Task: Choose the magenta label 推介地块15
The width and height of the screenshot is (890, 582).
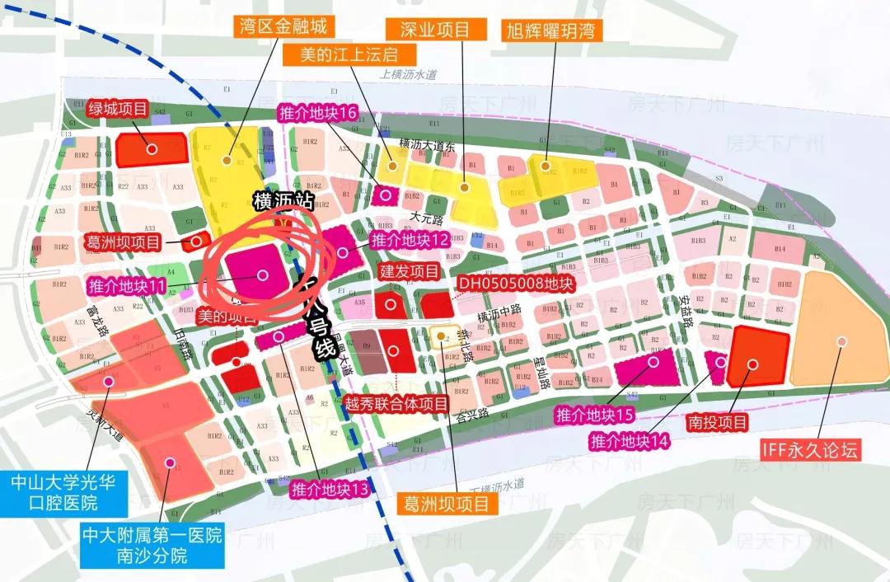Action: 594,414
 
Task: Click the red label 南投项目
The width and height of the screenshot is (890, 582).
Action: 718,424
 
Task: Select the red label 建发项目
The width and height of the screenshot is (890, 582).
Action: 409,271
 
